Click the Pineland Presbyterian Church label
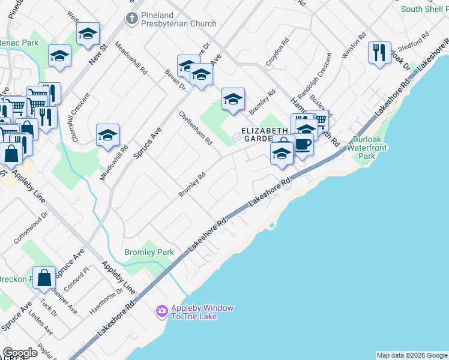tap(178, 19)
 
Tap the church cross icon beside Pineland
tap(131, 19)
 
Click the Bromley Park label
tap(149, 253)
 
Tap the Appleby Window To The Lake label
tap(202, 312)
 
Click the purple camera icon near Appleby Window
tap(161, 311)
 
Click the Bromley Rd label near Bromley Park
tap(192, 185)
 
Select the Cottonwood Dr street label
tap(31, 228)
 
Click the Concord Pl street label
tap(77, 281)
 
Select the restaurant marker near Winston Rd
tap(379, 53)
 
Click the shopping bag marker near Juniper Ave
tap(44, 277)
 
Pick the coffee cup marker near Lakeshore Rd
tap(303, 145)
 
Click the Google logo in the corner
tap(20, 353)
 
